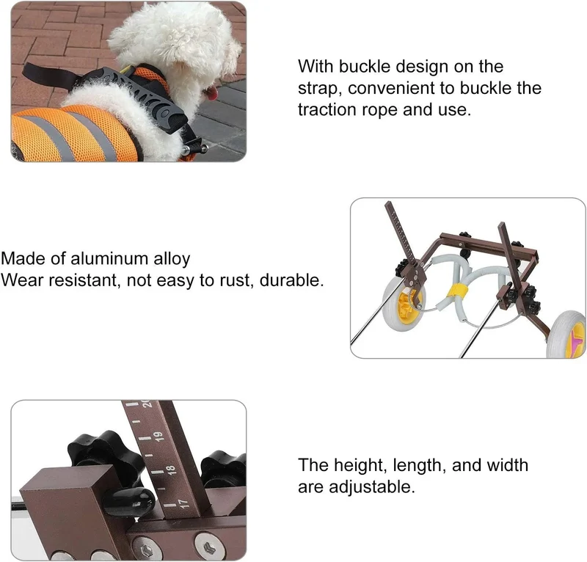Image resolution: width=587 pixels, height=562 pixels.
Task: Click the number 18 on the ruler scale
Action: coord(171,470)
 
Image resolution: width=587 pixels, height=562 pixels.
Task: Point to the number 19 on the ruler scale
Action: coord(158,437)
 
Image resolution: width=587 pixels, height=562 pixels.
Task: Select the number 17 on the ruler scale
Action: coord(183,503)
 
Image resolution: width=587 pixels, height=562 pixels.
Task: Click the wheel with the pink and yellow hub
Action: coord(566,335)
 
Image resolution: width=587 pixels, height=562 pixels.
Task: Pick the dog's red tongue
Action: coord(212,93)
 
